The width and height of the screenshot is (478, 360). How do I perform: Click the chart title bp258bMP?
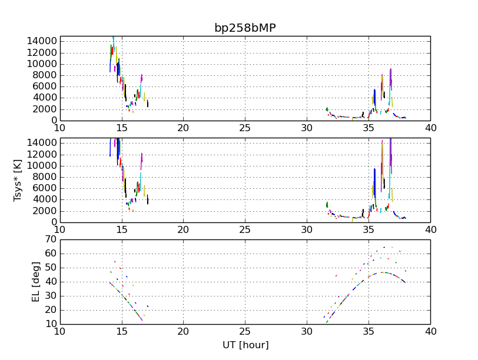[244, 28]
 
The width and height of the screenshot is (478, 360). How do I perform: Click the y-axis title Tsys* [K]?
[18, 180]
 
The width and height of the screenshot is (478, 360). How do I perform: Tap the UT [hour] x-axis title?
[244, 345]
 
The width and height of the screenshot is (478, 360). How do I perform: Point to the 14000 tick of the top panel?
[41, 41]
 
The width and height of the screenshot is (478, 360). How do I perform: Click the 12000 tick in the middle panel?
[41, 154]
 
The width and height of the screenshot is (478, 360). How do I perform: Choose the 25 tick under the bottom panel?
[245, 332]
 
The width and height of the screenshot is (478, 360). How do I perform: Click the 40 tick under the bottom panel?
[430, 332]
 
